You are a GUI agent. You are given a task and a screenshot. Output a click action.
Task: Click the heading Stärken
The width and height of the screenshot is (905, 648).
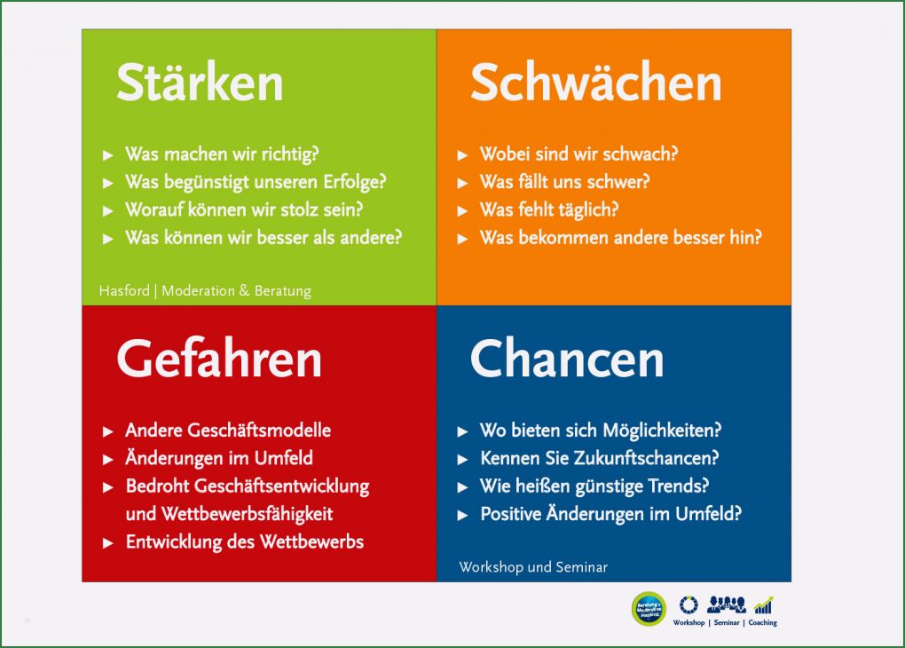[200, 83]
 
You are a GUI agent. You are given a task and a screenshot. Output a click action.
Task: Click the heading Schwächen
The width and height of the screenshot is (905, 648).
[595, 83]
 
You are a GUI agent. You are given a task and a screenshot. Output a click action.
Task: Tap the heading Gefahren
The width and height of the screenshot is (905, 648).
[218, 360]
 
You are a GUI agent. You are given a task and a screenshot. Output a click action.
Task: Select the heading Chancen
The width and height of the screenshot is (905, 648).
[566, 360]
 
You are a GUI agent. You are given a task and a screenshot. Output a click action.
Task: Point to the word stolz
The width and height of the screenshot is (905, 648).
[311, 210]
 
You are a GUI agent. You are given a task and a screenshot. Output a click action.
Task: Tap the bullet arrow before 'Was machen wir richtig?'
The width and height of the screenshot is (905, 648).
[108, 155]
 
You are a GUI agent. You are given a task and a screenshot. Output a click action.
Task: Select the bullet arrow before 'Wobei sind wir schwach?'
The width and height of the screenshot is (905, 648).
[463, 155]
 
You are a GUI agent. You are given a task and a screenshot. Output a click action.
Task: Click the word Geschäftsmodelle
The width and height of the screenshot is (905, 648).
[260, 431]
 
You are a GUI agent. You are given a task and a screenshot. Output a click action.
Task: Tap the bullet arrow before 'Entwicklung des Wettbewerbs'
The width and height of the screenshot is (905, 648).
[108, 543]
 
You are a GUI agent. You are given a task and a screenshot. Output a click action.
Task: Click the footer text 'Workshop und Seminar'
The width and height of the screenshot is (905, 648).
[533, 567]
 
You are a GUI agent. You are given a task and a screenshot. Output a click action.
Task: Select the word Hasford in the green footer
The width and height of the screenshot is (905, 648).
[123, 291]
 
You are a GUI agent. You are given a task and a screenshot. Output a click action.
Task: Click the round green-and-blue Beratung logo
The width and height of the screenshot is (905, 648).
[649, 609]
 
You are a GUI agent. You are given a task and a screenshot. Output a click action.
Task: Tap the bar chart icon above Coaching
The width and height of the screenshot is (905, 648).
[763, 605]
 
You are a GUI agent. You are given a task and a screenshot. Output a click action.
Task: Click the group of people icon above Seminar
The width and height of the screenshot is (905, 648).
[726, 605]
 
